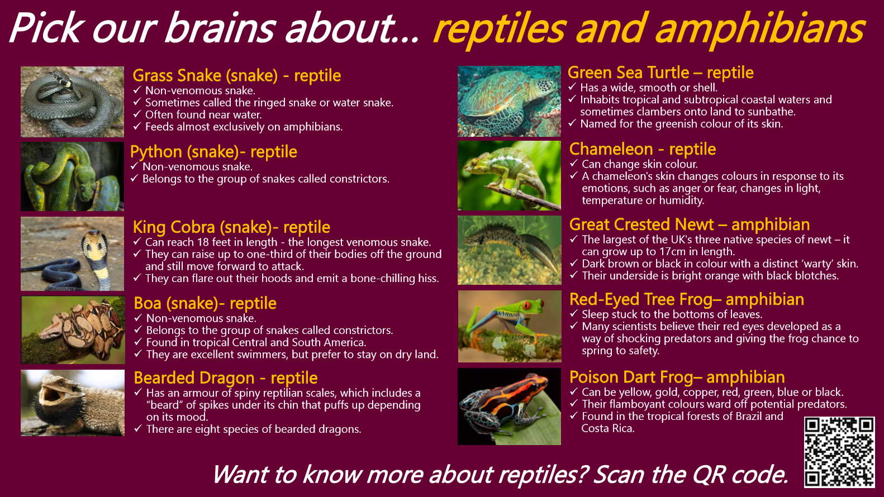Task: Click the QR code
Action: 839,452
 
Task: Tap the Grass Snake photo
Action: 72,102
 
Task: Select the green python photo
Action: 72,176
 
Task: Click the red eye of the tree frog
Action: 526,305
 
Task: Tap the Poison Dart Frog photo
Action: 509,407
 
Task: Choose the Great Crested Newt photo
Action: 510,250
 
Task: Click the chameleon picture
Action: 509,175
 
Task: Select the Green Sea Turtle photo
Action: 509,102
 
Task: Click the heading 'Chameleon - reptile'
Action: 643,150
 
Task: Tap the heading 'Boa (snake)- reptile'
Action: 205,303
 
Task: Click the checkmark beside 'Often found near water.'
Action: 137,114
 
